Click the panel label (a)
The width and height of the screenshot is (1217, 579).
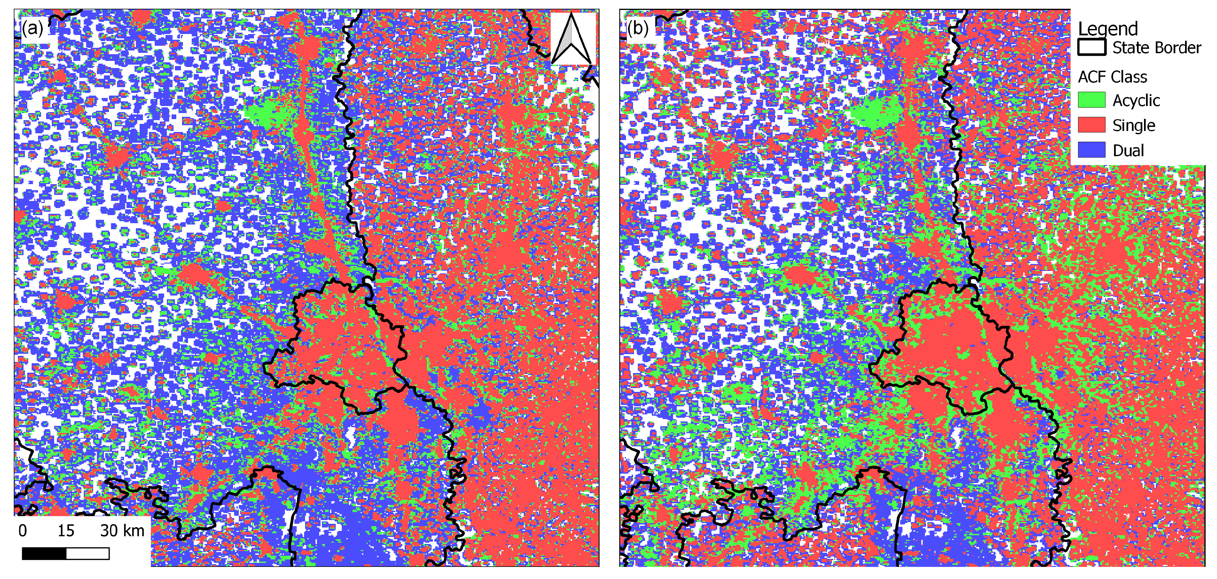[32, 28]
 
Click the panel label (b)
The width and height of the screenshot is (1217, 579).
[637, 28]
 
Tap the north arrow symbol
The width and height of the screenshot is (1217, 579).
[571, 39]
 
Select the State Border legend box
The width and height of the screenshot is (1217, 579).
[1091, 47]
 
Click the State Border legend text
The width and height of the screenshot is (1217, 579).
[1156, 48]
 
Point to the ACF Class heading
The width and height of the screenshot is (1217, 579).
[1112, 76]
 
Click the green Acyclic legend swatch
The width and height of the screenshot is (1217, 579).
[1091, 100]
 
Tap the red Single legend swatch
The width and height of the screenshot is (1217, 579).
[1091, 125]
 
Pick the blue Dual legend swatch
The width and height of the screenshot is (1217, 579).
[1091, 150]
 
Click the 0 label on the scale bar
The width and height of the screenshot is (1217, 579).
[23, 531]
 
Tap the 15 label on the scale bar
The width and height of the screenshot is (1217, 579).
[66, 531]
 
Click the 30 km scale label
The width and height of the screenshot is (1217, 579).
[122, 531]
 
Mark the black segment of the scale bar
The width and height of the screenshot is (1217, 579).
[44, 553]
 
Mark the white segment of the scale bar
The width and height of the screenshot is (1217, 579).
[88, 553]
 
